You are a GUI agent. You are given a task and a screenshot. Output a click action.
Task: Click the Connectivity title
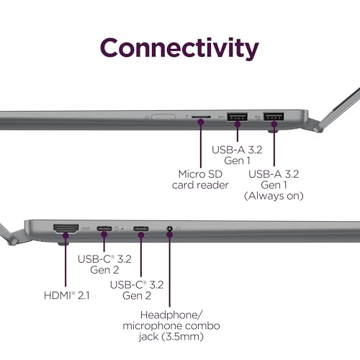click(x=179, y=48)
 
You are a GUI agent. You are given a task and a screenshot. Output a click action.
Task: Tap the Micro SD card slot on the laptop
click(x=201, y=117)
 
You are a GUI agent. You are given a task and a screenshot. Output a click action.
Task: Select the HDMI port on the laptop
click(x=66, y=229)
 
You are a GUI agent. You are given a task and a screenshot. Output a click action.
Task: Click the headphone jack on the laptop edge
click(x=170, y=228)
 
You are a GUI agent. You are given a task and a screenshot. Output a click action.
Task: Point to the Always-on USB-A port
click(x=274, y=117)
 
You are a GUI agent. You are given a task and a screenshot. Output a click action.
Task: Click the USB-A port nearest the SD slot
click(x=238, y=117)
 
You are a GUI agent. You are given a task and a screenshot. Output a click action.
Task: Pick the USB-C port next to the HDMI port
click(x=104, y=228)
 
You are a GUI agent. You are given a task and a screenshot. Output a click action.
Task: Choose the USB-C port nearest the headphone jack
click(x=141, y=228)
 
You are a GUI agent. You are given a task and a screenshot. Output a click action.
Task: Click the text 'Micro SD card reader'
click(x=200, y=179)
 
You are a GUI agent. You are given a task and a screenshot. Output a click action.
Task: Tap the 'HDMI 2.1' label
click(x=67, y=295)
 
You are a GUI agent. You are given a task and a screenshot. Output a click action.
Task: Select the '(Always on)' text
click(x=274, y=196)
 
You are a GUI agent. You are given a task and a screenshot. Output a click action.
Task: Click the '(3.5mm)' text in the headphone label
click(x=183, y=336)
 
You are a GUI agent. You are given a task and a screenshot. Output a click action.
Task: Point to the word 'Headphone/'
click(x=171, y=315)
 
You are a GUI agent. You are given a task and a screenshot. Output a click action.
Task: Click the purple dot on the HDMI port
click(x=66, y=235)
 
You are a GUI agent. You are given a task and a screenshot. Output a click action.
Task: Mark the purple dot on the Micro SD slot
click(x=201, y=122)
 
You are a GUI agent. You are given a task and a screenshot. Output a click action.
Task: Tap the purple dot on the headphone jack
click(x=170, y=235)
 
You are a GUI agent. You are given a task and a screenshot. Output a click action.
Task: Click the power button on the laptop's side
click(x=164, y=117)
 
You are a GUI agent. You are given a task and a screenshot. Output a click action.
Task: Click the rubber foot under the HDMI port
click(x=63, y=244)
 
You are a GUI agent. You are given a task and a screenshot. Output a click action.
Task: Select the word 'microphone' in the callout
click(x=150, y=326)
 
